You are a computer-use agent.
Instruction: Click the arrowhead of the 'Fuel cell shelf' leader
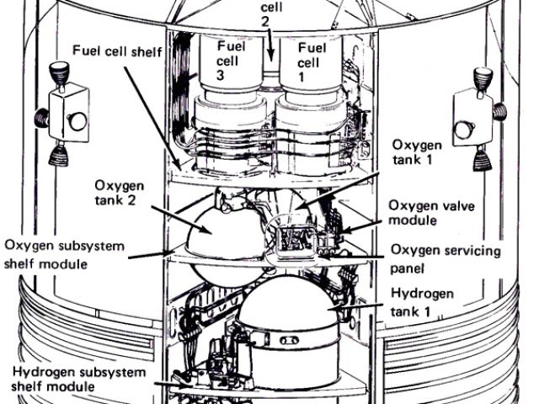[x=179, y=162]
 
